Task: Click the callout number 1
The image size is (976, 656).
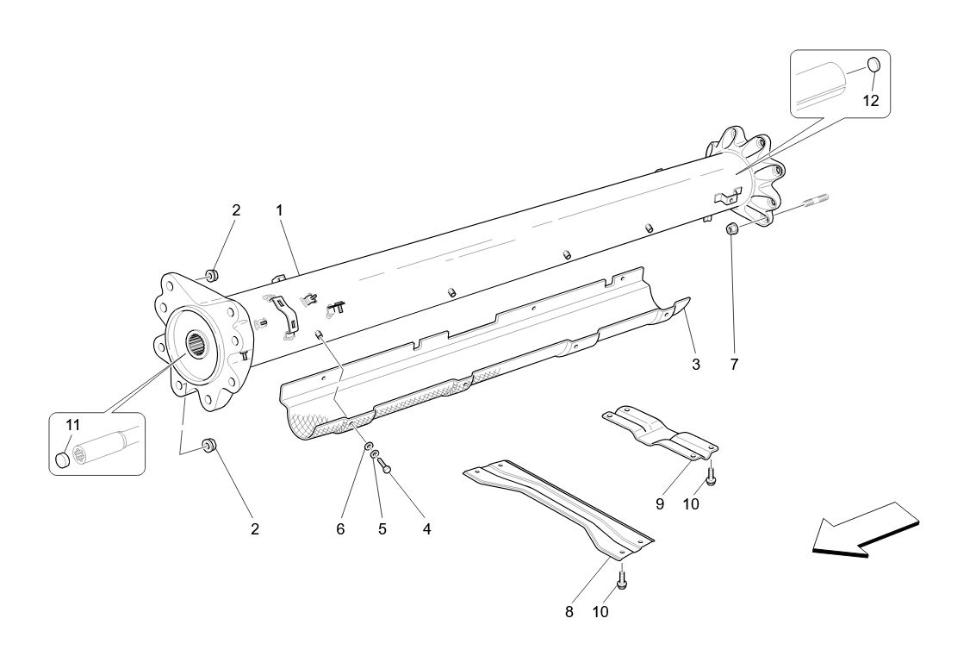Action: pyautogui.click(x=279, y=210)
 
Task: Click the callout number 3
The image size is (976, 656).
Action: pyautogui.click(x=695, y=365)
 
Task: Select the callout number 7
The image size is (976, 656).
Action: pyautogui.click(x=734, y=365)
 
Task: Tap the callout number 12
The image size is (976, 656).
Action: pyautogui.click(x=871, y=101)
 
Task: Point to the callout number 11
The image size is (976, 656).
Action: pyautogui.click(x=73, y=425)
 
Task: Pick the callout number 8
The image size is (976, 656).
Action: pyautogui.click(x=569, y=612)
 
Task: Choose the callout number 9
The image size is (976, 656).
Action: pyautogui.click(x=660, y=504)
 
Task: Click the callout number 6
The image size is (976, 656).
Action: pyautogui.click(x=340, y=529)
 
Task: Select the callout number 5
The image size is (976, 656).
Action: pyautogui.click(x=382, y=529)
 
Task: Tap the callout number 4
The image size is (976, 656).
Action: pyautogui.click(x=426, y=529)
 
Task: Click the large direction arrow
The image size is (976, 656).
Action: pyautogui.click(x=866, y=528)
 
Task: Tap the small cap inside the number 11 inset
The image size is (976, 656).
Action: pyautogui.click(x=63, y=459)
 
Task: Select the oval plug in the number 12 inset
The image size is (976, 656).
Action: pyautogui.click(x=873, y=64)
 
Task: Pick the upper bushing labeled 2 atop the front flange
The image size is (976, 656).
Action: pyautogui.click(x=209, y=276)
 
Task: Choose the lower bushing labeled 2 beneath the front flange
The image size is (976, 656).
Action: pyautogui.click(x=208, y=446)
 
